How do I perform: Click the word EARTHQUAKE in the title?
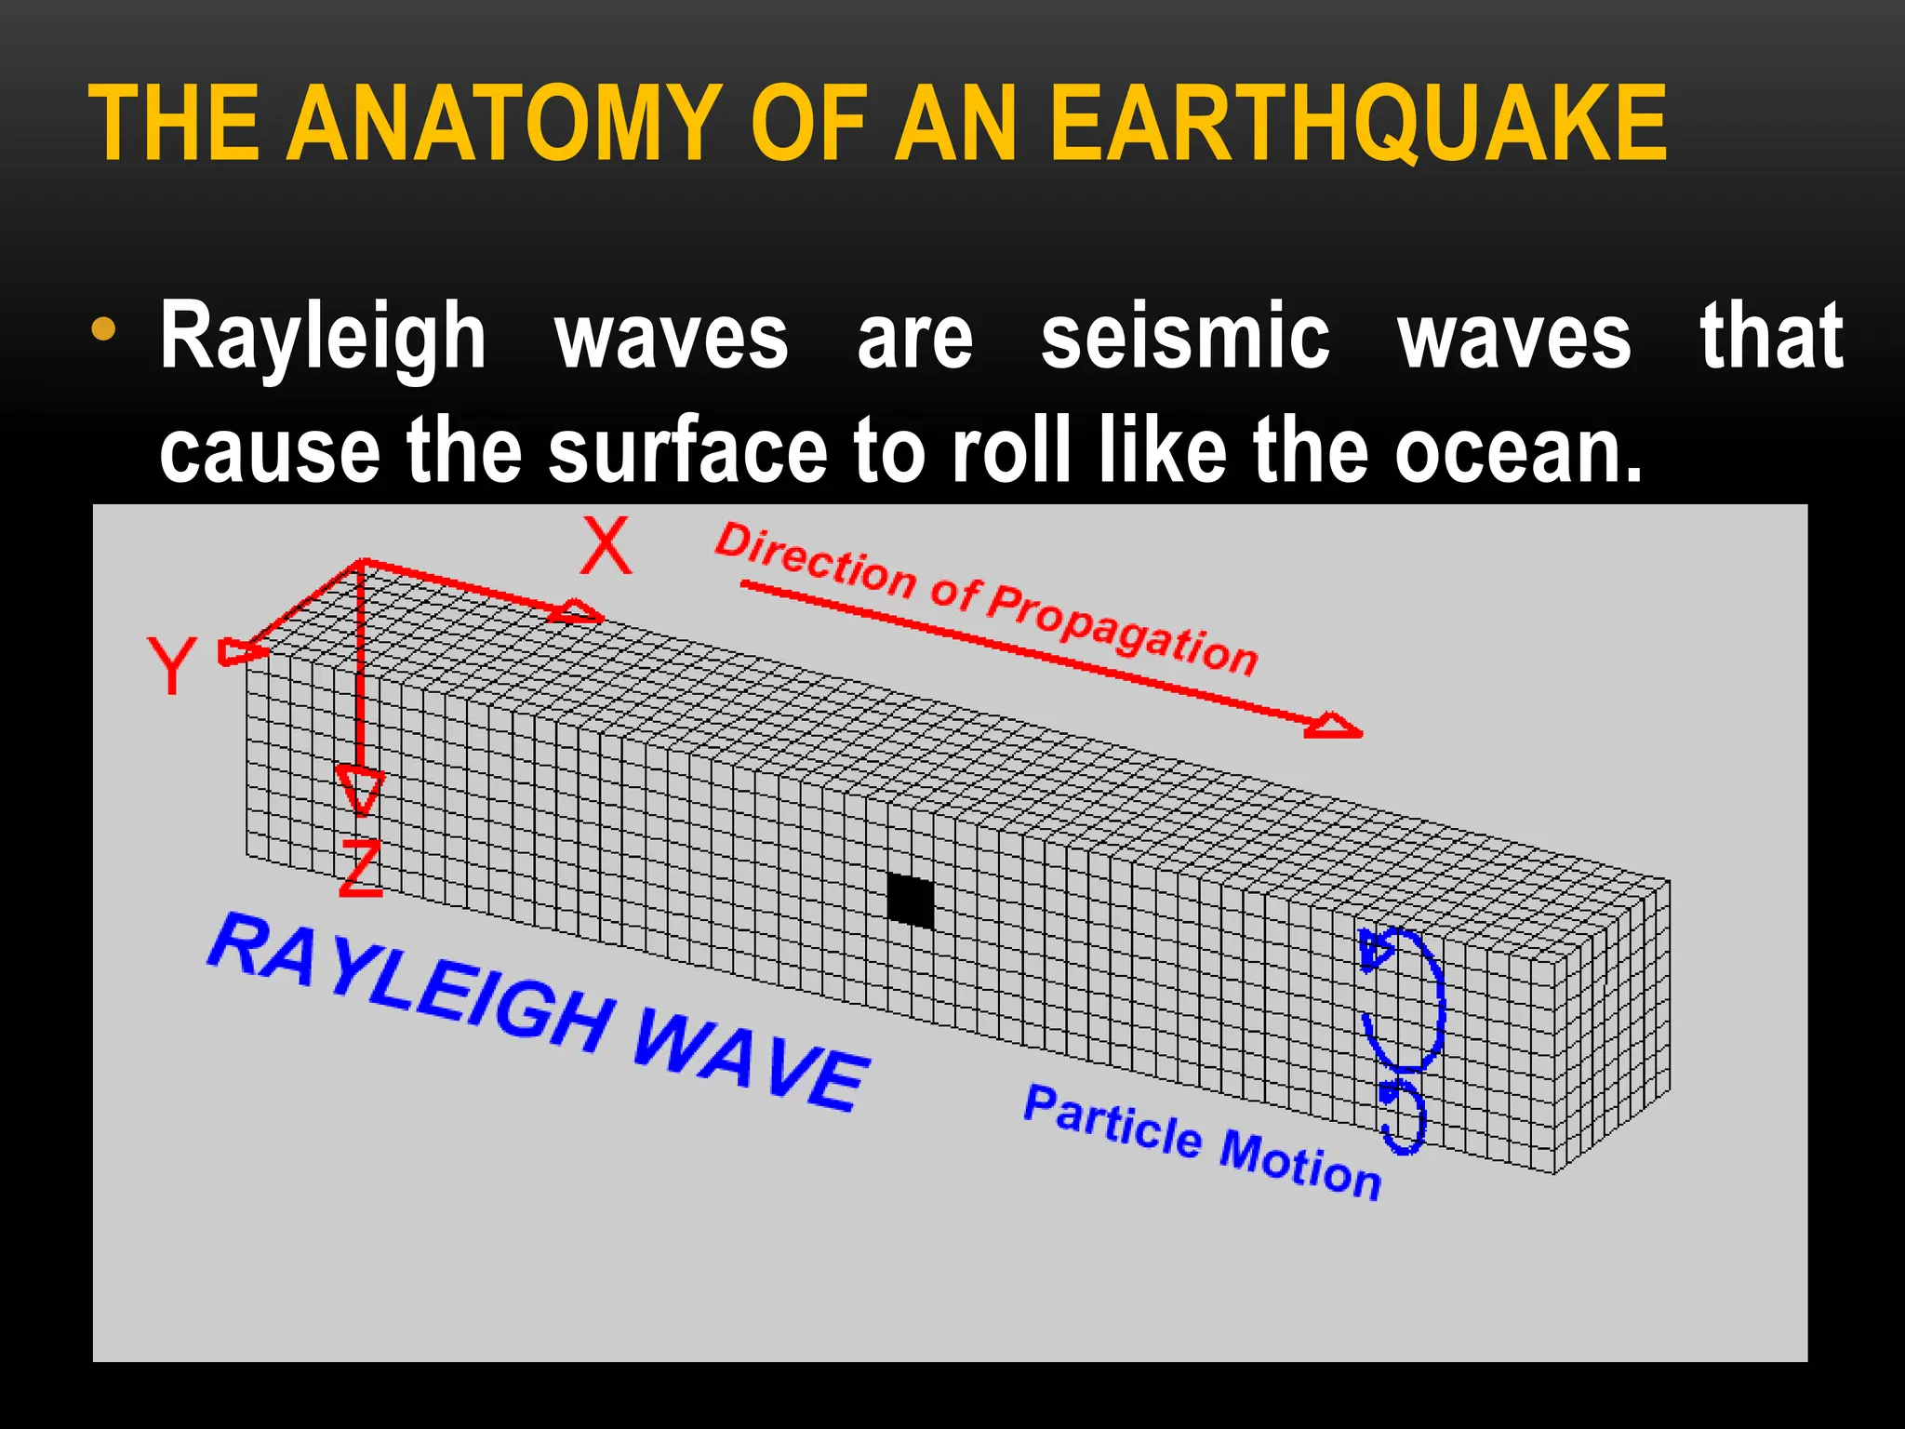click(1358, 123)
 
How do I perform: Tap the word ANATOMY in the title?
click(504, 123)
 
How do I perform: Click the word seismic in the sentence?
click(1185, 337)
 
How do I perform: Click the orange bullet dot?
click(104, 329)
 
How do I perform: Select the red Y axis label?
click(172, 664)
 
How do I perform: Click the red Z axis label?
click(360, 868)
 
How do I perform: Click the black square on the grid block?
click(910, 901)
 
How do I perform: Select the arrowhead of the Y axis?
click(238, 651)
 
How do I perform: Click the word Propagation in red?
click(1122, 629)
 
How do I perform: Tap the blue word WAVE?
click(750, 1062)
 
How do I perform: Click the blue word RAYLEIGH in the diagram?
click(409, 987)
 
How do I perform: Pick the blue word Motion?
click(1299, 1166)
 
